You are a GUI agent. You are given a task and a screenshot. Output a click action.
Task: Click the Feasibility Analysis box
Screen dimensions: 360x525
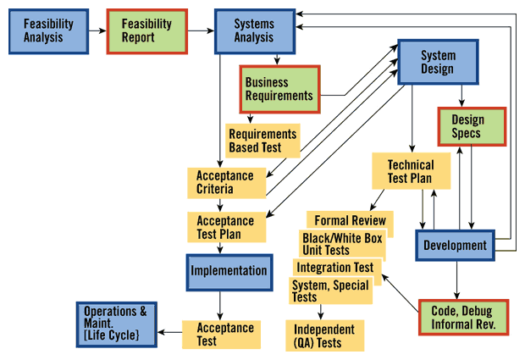point(48,30)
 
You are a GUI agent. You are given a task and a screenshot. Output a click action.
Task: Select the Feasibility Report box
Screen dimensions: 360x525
point(146,30)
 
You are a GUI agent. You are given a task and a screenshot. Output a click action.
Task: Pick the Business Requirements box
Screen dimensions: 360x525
point(279,89)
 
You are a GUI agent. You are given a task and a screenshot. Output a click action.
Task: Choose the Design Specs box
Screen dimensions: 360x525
point(472,126)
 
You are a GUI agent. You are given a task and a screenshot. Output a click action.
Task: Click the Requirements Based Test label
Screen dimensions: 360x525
point(263,141)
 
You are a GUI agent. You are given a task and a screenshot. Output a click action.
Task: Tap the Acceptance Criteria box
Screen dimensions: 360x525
point(224,183)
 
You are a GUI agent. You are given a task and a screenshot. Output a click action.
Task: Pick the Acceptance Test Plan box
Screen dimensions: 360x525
point(226,226)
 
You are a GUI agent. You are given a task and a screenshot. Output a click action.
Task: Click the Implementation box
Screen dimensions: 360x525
point(229,271)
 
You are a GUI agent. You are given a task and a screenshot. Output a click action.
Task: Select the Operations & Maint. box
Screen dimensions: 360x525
point(116,323)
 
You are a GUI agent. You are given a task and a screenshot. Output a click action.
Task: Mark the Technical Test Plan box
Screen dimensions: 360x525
point(411,171)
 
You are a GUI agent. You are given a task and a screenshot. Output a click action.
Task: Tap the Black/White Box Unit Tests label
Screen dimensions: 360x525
point(343,244)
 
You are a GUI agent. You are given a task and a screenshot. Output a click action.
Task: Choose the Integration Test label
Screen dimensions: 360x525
point(335,268)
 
